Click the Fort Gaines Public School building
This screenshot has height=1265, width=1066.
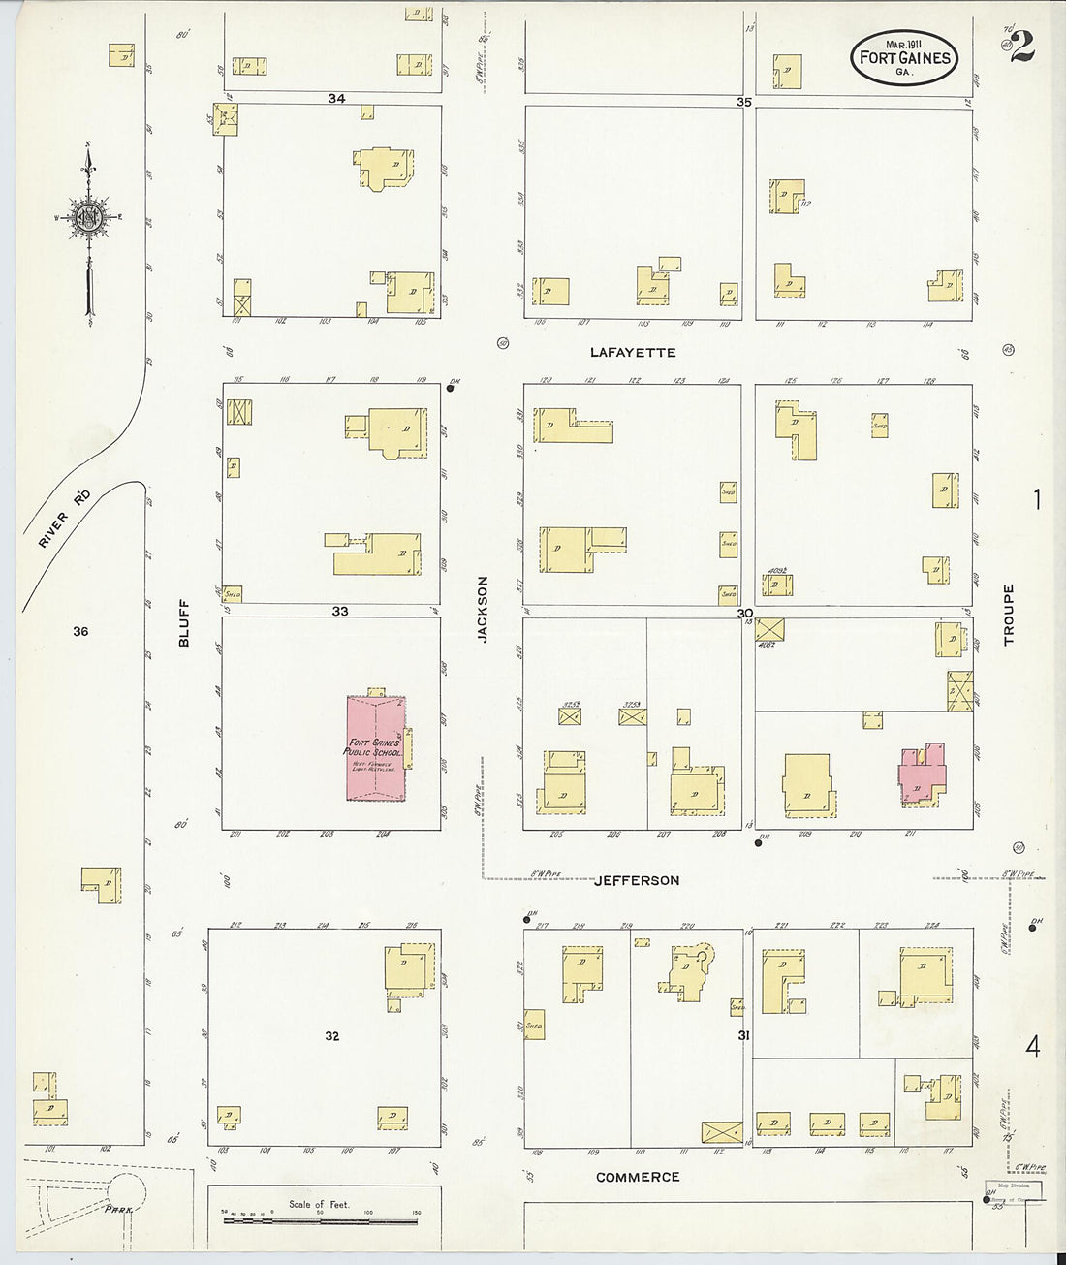377,747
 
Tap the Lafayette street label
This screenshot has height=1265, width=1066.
633,353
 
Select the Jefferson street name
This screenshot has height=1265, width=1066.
637,880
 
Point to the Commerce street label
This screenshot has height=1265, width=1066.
638,1177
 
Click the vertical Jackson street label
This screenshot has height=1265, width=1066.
483,609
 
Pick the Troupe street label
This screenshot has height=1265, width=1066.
1008,615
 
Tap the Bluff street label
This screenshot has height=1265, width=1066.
184,621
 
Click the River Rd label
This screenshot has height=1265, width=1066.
65,519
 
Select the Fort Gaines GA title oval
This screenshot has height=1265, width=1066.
904,57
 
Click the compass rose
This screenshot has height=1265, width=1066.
88,218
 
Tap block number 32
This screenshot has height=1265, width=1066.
332,1036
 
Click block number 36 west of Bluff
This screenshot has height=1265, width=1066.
80,631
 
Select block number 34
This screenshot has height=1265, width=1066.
336,98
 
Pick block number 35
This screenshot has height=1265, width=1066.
744,101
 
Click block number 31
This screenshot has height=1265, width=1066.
744,1036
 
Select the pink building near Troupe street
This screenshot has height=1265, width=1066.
922,776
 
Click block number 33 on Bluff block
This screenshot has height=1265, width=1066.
340,611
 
